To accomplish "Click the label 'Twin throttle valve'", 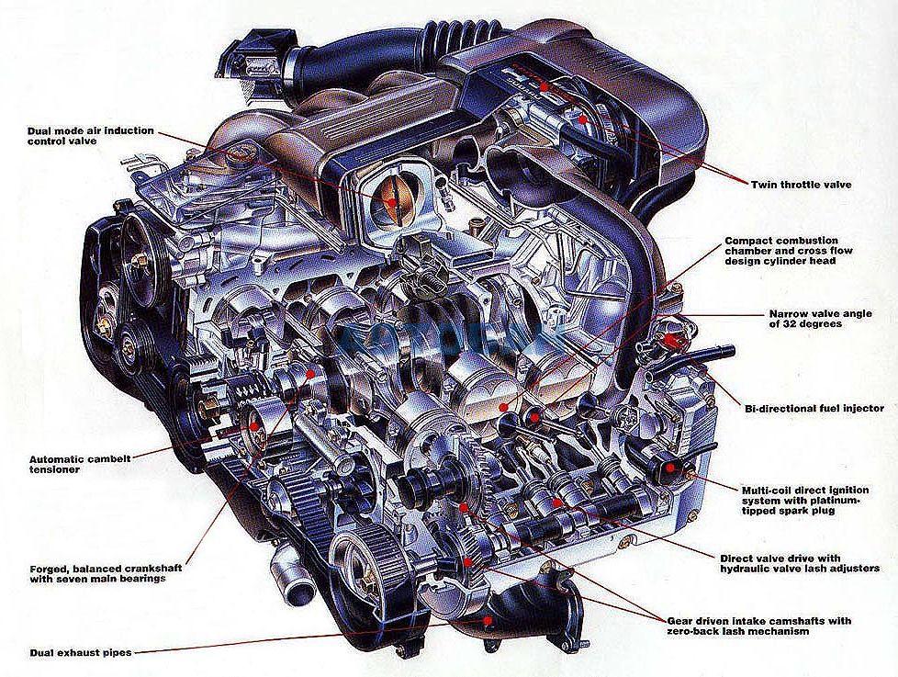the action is pyautogui.click(x=801, y=185).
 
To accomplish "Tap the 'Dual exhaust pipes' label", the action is pyautogui.click(x=81, y=652).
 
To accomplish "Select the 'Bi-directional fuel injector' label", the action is pyautogui.click(x=814, y=409).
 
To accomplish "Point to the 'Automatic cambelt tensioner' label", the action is pyautogui.click(x=80, y=464).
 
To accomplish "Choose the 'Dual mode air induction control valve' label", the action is pyautogui.click(x=91, y=135).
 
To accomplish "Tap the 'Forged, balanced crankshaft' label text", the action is pyautogui.click(x=106, y=573).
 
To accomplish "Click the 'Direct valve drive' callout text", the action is pyautogui.click(x=800, y=563).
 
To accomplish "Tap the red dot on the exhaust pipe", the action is pyautogui.click(x=488, y=620).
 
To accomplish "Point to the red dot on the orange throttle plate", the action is pyautogui.click(x=392, y=202).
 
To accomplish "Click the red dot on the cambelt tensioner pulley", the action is pyautogui.click(x=253, y=427).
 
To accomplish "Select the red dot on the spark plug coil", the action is pyautogui.click(x=670, y=468).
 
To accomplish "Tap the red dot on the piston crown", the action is pyautogui.click(x=503, y=407).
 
